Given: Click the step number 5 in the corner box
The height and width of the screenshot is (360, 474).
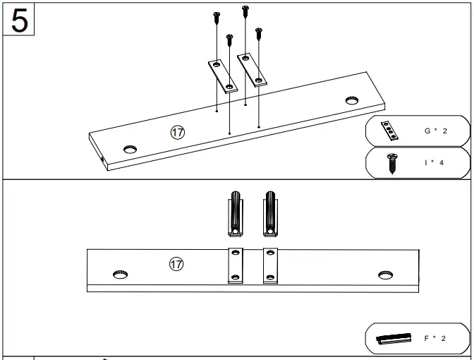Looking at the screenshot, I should coord(20,20).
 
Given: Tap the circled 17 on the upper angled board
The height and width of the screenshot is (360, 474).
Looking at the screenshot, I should coord(177,132).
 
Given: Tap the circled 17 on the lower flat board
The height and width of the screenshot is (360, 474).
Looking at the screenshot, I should coord(176,264).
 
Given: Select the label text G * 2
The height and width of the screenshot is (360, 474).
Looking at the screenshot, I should coord(436,131).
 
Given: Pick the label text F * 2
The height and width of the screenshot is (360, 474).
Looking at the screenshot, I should coord(435,338).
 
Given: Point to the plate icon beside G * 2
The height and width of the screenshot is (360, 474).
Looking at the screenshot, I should coord(389,131).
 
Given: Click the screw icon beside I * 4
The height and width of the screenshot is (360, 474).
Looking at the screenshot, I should coord(389,164).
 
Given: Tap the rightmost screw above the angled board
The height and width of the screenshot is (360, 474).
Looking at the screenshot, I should coord(259,33).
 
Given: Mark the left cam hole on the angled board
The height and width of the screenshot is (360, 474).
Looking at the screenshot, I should coord(130,150).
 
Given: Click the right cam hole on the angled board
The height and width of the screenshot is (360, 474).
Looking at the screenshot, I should coord(351,100).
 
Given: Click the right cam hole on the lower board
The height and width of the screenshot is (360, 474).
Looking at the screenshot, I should coord(384,273).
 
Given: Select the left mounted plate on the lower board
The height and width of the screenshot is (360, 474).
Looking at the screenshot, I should coord(235,266).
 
